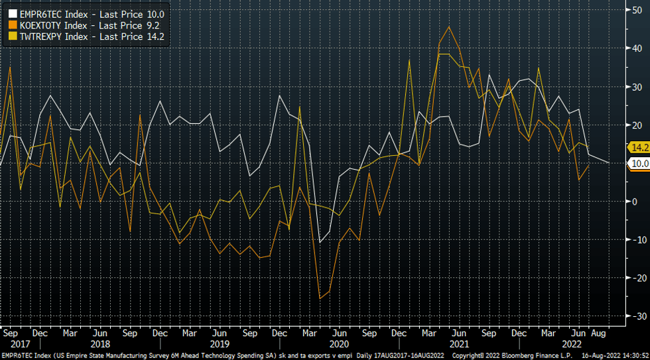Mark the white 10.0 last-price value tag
coord(638,163)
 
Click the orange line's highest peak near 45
coord(450,27)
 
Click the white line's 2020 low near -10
coord(320,242)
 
